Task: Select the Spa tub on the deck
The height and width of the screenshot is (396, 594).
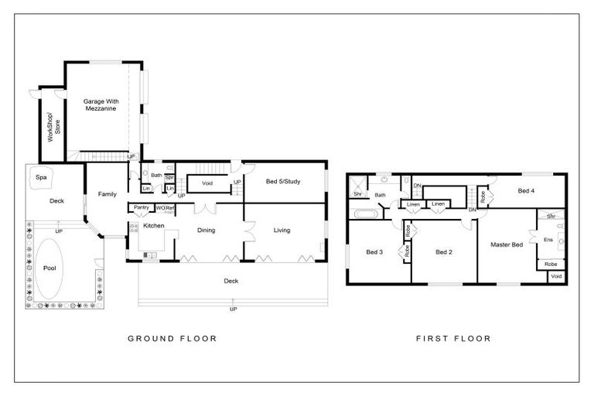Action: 41,178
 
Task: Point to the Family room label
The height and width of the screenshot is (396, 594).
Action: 107,194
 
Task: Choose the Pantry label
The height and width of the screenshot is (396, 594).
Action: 141,207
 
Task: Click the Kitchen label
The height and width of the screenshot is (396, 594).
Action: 155,225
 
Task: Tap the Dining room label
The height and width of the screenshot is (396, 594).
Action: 206,230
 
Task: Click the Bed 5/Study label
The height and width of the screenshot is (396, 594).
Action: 282,182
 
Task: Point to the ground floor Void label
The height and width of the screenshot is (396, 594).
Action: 207,183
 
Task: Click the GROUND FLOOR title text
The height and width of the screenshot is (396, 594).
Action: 171,339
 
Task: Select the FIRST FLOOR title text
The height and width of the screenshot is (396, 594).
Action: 453,339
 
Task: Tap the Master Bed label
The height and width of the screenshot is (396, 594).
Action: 507,244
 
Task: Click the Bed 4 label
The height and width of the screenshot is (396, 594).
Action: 526,190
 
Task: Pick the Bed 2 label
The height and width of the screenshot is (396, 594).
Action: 442,251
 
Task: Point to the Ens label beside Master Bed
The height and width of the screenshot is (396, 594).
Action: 548,240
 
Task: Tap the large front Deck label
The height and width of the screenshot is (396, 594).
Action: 230,281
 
